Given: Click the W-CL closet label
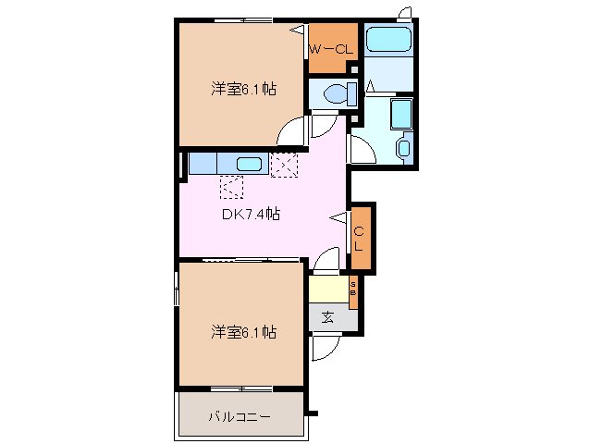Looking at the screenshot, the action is (331, 49).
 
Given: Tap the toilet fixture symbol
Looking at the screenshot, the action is (339, 93).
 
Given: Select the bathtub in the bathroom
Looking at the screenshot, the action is (388, 39).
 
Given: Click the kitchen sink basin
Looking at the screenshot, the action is (249, 165).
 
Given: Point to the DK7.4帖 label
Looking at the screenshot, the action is (251, 214).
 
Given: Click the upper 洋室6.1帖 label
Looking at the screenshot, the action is (243, 89).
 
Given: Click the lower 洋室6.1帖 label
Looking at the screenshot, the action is (243, 332).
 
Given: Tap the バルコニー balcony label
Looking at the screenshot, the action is (240, 416).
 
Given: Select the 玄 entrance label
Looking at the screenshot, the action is (327, 318).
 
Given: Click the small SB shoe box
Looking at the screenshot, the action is (353, 292).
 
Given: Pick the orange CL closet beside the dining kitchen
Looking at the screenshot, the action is (361, 238).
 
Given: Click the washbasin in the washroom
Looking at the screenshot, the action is (404, 147).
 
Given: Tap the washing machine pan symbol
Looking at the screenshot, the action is (401, 114).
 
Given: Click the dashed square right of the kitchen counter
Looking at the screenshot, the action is (285, 165).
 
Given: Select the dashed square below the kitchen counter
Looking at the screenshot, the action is (231, 187).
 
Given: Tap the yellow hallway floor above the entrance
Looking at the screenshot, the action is (328, 289).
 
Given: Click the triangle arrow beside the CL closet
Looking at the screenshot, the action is (339, 218).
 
